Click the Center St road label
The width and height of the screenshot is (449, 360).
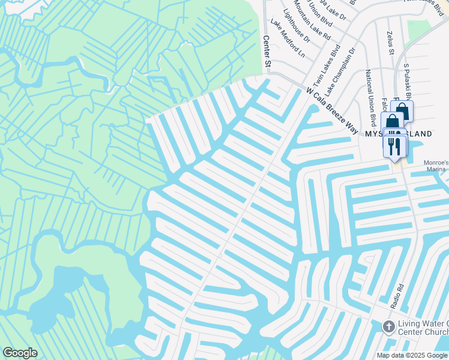tap(267, 51)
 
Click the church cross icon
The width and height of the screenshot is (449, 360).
tap(389, 327)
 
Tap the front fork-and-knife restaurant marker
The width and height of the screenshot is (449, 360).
tap(394, 146)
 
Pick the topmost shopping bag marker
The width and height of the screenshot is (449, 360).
tap(402, 111)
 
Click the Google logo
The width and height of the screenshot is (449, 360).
tap(19, 353)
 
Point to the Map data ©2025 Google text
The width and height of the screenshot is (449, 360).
tap(411, 355)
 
